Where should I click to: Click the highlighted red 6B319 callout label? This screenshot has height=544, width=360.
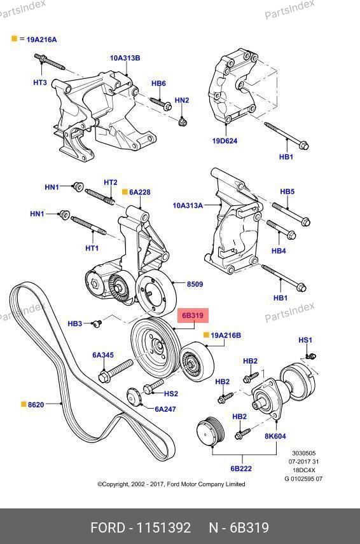click(193, 315)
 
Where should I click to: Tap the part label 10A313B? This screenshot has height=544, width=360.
click(125, 58)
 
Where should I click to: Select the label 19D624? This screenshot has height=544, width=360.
click(225, 141)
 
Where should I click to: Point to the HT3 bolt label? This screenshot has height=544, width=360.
click(40, 83)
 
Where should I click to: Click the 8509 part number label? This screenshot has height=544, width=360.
click(195, 284)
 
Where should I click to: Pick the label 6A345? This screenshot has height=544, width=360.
click(103, 355)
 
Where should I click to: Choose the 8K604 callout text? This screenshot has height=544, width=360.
click(275, 436)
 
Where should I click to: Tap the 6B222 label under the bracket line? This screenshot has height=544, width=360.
click(241, 468)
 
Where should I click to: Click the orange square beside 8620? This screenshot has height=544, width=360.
click(24, 404)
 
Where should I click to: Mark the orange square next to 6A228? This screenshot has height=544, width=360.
click(125, 191)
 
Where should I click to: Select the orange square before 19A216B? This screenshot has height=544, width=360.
click(206, 335)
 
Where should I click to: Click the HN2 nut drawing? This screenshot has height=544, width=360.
click(183, 122)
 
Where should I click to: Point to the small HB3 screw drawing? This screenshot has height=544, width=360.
click(97, 323)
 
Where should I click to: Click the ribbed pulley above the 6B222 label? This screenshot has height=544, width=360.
click(211, 432)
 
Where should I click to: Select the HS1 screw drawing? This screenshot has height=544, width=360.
click(310, 356)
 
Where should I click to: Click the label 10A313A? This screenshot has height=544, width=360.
click(188, 205)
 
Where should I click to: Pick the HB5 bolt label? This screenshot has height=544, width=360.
click(287, 191)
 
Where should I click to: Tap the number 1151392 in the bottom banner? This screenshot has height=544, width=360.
click(164, 527)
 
